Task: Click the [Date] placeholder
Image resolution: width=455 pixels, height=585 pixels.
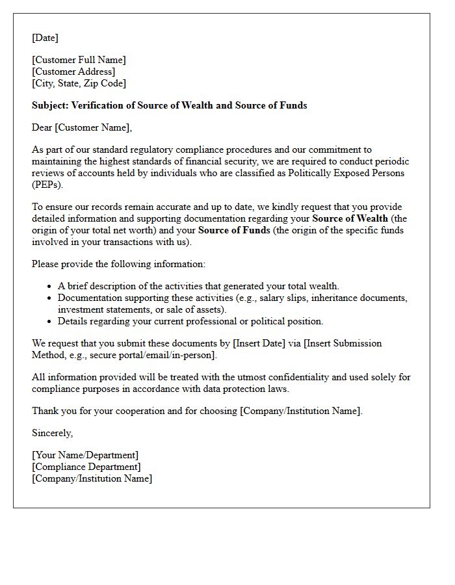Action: pos(45,38)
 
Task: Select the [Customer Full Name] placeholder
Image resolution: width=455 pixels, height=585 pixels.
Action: pos(79,60)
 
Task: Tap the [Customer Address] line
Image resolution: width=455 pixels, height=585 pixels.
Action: pos(73,71)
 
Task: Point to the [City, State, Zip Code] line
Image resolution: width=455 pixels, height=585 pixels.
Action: pos(79,83)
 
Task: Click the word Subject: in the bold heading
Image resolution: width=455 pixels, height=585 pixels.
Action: pos(50,105)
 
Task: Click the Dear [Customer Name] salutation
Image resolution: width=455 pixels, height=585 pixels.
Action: pos(82,127)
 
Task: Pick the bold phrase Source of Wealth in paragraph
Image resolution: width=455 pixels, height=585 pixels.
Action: pos(350,218)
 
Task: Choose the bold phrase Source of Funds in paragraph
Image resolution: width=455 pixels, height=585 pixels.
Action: pos(234,230)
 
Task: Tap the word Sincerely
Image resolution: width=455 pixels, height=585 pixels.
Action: pos(52,433)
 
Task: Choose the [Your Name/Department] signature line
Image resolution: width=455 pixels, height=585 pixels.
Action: pos(85,455)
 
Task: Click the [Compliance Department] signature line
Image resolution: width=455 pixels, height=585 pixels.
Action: pos(86,467)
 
